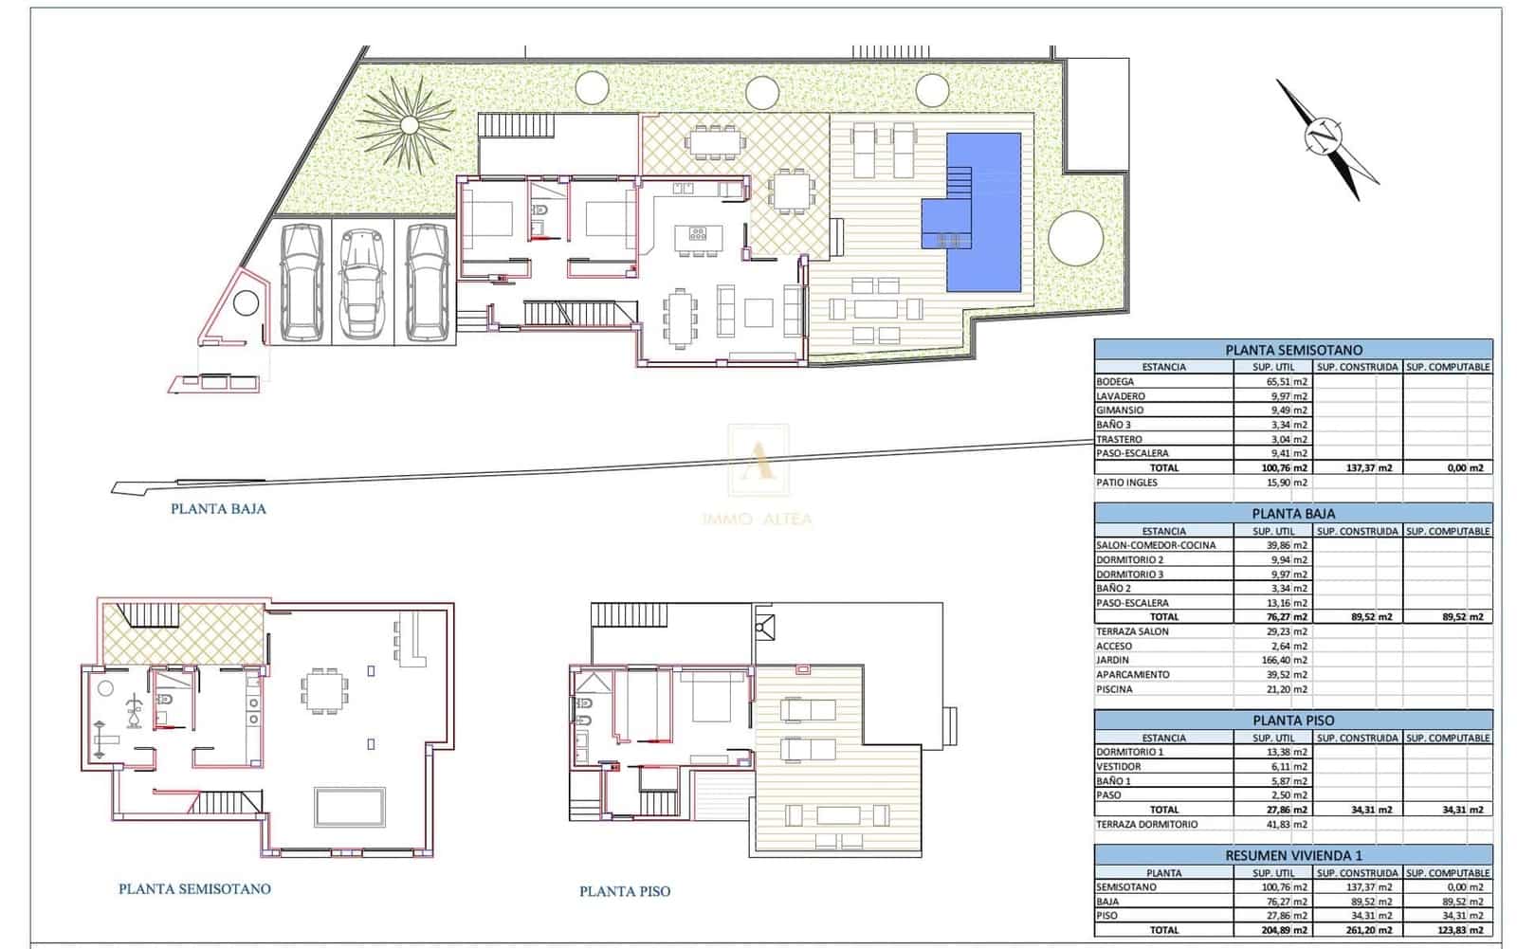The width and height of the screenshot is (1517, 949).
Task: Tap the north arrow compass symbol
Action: point(1325,138)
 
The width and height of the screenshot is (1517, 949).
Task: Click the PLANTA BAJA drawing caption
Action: point(218,509)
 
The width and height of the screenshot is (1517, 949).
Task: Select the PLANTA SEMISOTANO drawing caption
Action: point(194,889)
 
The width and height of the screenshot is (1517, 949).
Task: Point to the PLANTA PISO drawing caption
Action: point(624,891)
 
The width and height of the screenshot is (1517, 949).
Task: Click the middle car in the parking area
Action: point(362,283)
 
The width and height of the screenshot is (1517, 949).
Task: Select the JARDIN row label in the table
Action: point(1114,661)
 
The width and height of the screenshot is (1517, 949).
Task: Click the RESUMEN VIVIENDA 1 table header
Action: point(1292,854)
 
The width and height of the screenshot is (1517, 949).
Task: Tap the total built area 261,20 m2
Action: point(1373,930)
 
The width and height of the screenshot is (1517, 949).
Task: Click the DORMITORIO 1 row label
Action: point(1129,752)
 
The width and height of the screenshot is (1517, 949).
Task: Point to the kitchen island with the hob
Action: point(698,237)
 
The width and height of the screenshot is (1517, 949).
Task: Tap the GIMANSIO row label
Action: point(1120,411)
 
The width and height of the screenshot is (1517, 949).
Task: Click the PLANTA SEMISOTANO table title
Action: point(1292,350)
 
